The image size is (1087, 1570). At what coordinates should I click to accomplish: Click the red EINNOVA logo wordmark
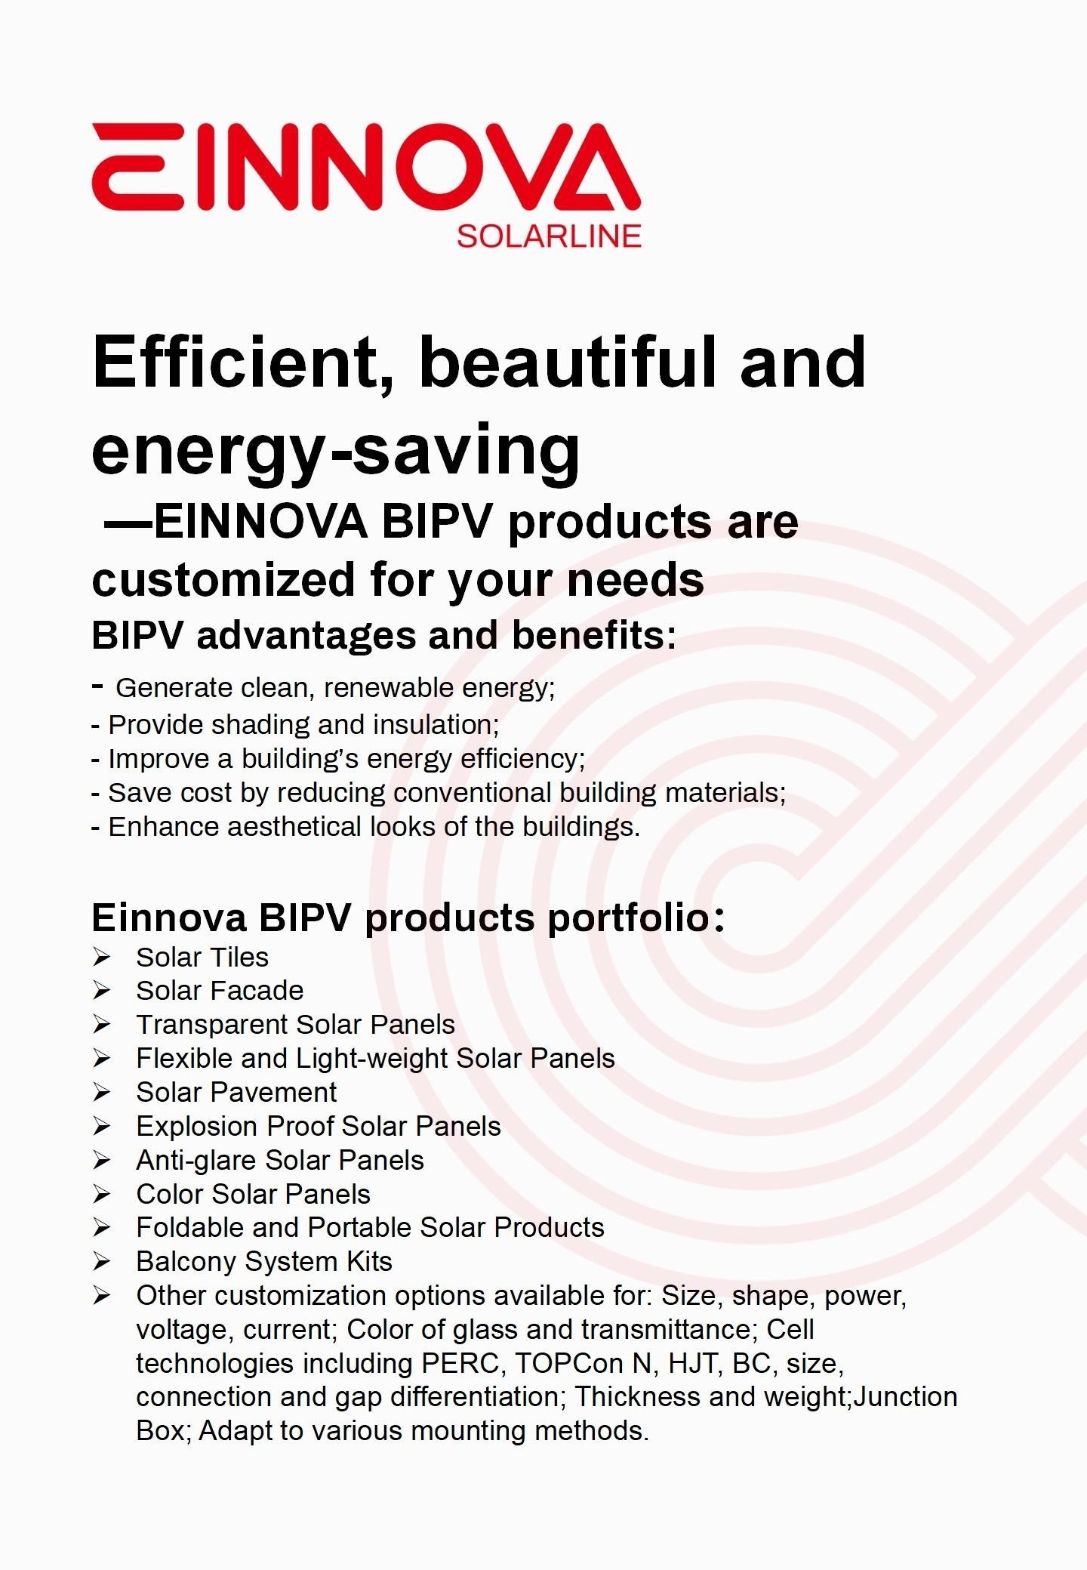point(366,167)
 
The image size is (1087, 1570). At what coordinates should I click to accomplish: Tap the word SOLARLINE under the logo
point(549,236)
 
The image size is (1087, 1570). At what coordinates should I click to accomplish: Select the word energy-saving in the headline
point(336,452)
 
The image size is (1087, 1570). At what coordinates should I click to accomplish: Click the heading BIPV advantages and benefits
point(384,635)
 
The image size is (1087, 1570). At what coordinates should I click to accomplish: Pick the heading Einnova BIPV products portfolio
point(408,918)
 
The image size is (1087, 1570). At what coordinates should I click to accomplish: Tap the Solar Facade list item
point(220,990)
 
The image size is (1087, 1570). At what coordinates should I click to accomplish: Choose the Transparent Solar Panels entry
point(295,1024)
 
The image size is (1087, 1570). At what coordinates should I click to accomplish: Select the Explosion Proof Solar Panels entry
point(319,1126)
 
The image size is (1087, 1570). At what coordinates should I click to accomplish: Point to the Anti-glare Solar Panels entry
point(280,1160)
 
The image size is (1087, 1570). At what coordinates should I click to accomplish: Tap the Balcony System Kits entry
point(264,1262)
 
